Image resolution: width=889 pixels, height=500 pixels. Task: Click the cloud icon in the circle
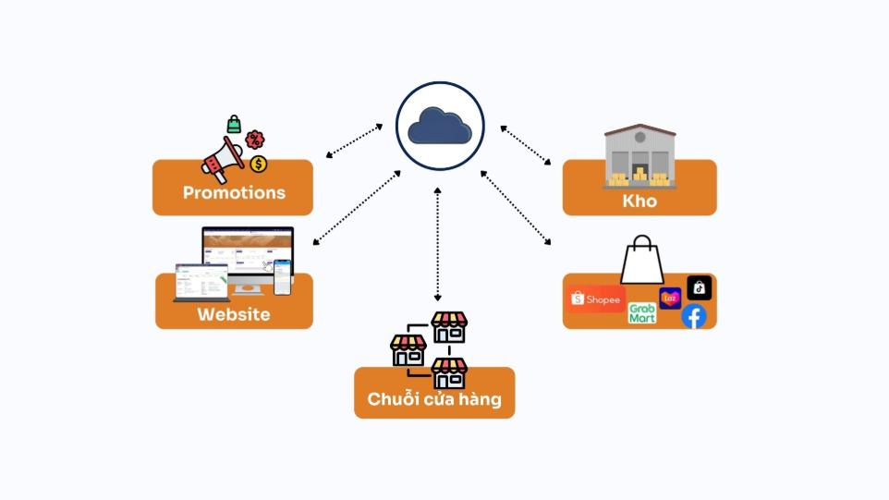[440, 126]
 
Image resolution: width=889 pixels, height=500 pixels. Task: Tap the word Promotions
[234, 193]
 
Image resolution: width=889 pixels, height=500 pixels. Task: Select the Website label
[234, 314]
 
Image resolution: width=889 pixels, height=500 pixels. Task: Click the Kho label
[639, 201]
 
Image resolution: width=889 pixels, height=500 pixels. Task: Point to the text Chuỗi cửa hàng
[434, 399]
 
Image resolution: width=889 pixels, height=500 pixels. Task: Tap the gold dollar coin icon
[259, 164]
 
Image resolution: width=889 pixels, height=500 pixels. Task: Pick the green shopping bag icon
[234, 123]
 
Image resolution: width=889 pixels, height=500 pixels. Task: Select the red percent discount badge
[255, 140]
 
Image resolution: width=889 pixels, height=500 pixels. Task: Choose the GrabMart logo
[642, 312]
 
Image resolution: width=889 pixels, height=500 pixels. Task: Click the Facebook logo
[693, 316]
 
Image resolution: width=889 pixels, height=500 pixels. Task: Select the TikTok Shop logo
[700, 288]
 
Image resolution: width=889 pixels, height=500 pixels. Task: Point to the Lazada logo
[670, 298]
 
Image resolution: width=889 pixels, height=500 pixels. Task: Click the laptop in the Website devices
[201, 283]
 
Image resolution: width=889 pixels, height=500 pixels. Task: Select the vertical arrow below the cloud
[438, 244]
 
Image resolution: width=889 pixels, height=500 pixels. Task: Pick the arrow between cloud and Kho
[525, 145]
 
